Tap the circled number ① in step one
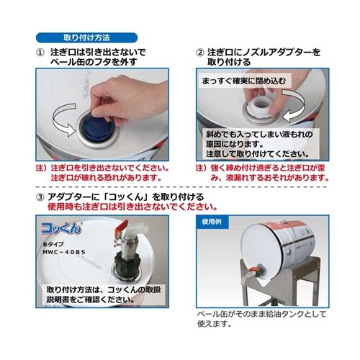(x=41, y=53)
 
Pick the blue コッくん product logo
(x=60, y=228)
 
